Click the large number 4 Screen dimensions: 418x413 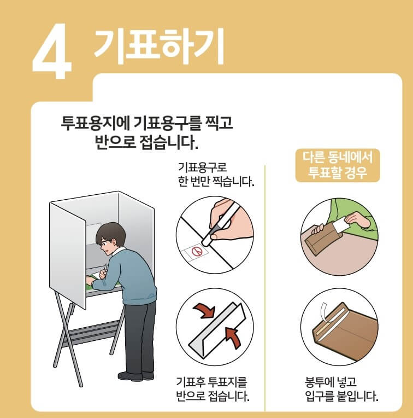(x=52, y=51)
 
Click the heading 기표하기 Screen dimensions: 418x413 (x=159, y=44)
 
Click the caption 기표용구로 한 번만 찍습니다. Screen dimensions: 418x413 (x=216, y=173)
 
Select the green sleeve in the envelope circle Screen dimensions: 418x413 (x=350, y=211)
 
